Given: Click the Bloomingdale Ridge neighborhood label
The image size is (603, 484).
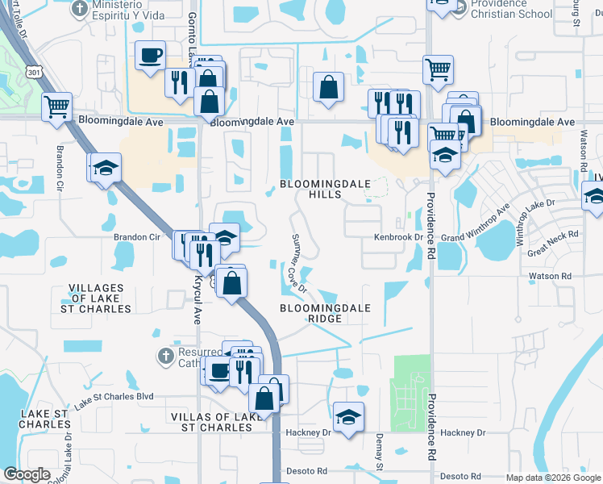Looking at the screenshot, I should click(326, 313).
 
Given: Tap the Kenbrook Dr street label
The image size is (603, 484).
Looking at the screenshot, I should click(397, 238).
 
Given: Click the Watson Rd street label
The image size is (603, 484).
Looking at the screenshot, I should click(550, 276).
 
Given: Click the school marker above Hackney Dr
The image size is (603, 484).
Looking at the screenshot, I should click(348, 417).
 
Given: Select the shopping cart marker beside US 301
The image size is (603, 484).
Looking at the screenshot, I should click(56, 106).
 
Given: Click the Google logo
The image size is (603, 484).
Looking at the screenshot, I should click(27, 474).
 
